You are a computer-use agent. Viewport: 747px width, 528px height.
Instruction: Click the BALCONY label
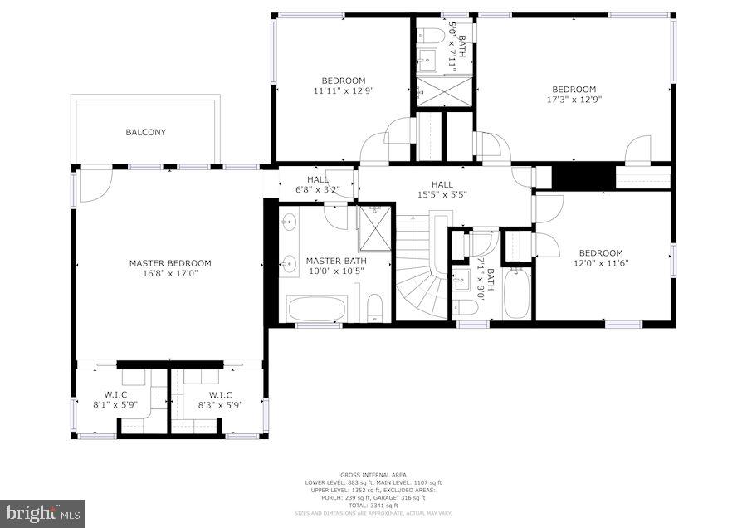click(x=145, y=132)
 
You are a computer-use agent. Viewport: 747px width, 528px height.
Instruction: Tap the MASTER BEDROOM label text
click(x=170, y=263)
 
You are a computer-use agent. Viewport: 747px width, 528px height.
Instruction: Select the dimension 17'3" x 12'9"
click(x=574, y=99)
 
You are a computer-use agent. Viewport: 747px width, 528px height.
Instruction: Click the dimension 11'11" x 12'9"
click(x=343, y=90)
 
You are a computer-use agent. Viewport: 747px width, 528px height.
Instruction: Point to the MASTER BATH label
click(x=336, y=261)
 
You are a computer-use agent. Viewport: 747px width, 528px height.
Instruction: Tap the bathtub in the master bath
click(x=316, y=309)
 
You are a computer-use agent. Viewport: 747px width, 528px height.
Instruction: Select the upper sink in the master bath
click(x=290, y=222)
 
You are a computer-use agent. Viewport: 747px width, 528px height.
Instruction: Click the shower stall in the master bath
click(x=373, y=227)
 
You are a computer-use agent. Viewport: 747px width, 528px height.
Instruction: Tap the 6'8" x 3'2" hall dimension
click(x=318, y=189)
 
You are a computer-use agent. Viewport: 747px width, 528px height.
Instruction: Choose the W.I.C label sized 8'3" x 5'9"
click(x=220, y=405)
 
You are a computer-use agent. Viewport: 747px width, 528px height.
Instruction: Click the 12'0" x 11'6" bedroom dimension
click(x=600, y=263)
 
